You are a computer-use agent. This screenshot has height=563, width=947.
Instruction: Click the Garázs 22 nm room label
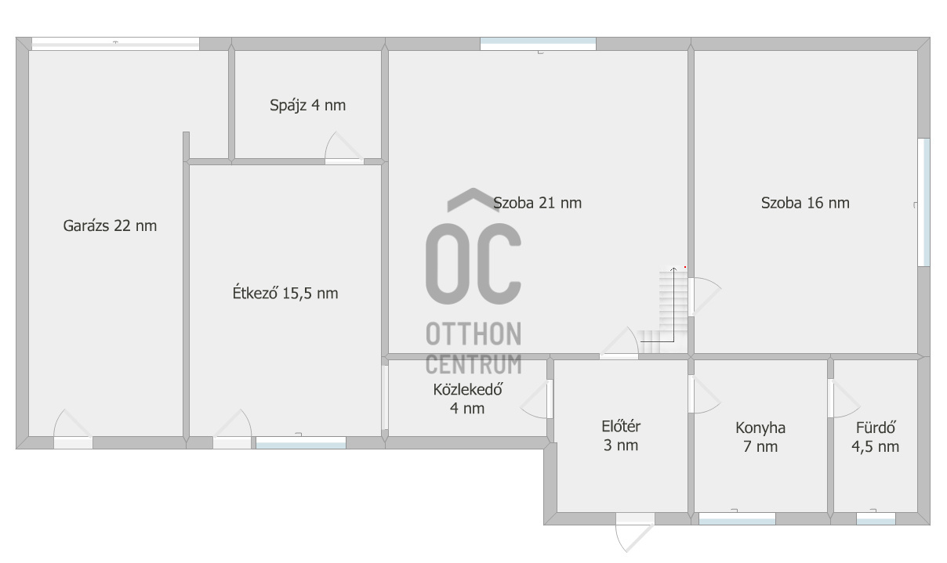pos(110,226)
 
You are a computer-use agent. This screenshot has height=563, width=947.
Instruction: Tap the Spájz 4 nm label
pos(308,105)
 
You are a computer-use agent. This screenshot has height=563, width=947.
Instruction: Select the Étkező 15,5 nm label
pos(285,293)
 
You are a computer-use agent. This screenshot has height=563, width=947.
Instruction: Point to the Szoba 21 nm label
pos(537,203)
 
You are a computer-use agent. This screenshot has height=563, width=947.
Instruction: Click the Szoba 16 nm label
pos(805,203)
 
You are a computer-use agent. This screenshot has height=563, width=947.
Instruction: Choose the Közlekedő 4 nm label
pos(467,399)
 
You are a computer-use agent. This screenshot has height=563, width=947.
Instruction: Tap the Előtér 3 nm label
pos(621,435)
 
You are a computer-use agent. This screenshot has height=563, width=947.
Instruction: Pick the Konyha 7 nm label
pos(760,437)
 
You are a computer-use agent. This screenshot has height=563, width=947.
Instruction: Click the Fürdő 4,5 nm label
pos(875,437)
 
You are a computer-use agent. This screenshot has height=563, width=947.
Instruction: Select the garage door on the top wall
pos(115,44)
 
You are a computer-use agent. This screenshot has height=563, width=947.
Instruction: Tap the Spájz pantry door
pos(344,148)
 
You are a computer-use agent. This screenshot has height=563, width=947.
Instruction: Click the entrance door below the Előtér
pos(634,532)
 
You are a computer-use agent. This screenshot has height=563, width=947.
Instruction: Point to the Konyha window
pos(737,518)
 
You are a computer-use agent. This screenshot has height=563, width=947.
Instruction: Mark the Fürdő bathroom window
pos(876,518)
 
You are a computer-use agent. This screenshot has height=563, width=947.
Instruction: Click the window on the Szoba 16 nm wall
pos(923,202)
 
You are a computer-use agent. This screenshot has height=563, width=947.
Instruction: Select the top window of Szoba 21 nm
pos(538,44)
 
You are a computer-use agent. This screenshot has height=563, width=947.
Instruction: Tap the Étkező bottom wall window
pos(301,442)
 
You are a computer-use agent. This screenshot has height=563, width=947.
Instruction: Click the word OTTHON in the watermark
pos(473,334)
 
